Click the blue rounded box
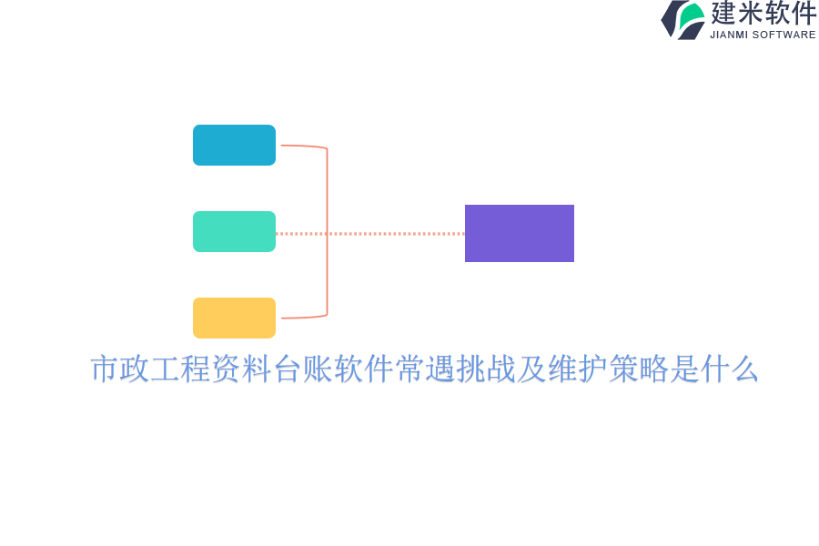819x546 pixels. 234,146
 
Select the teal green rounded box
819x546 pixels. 234,231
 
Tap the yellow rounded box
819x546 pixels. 234,318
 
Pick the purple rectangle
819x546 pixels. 520,233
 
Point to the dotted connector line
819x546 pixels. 370,234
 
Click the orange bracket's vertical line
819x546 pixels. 327,231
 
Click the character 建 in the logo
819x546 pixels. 723,13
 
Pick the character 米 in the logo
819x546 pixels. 750,13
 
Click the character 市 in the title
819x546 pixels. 104,369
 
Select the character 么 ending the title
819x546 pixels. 744,369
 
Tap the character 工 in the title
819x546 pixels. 166,369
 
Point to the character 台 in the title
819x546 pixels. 288,369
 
